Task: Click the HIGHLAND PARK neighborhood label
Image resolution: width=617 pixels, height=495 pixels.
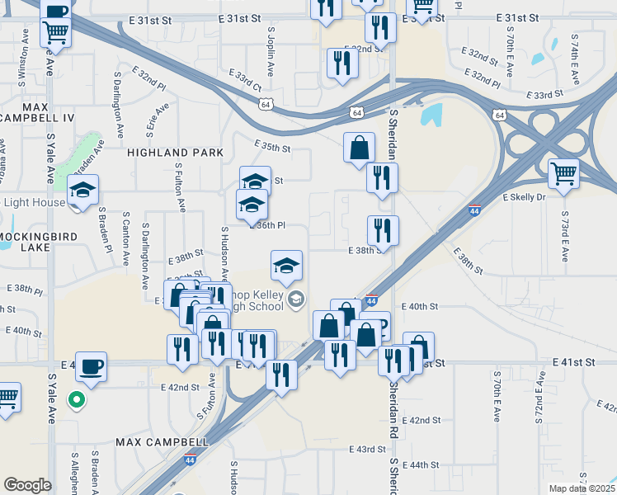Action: (175, 153)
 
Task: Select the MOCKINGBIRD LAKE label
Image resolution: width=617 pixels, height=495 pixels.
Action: (36, 242)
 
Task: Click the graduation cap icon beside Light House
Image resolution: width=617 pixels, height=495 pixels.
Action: (82, 190)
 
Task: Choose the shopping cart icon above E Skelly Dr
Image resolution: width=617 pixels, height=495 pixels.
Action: (563, 173)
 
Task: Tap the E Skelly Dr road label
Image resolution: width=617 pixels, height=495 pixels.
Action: (525, 198)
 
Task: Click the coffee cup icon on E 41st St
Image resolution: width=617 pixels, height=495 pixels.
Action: (92, 365)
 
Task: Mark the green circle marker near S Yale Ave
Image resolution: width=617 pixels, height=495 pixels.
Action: (77, 401)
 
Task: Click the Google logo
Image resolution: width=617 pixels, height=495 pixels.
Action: (27, 485)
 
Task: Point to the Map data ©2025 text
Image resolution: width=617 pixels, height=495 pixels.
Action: (582, 488)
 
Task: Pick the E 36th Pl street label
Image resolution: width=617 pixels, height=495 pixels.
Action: (268, 225)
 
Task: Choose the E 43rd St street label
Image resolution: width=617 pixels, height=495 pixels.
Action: (367, 449)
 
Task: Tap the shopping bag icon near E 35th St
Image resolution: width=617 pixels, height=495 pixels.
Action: (359, 148)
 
